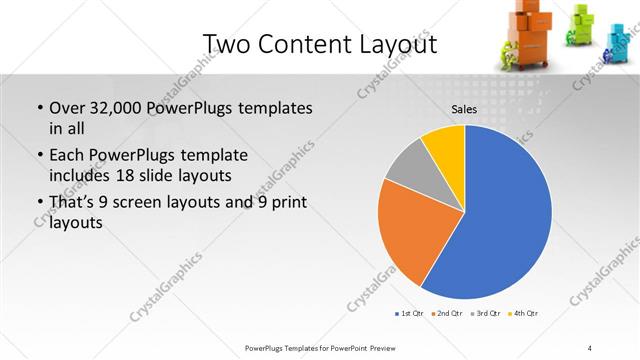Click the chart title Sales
tap(463, 109)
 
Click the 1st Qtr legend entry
tap(409, 314)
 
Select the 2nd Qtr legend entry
tap(446, 314)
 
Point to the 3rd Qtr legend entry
tap(484, 314)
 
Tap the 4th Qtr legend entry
tap(523, 314)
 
